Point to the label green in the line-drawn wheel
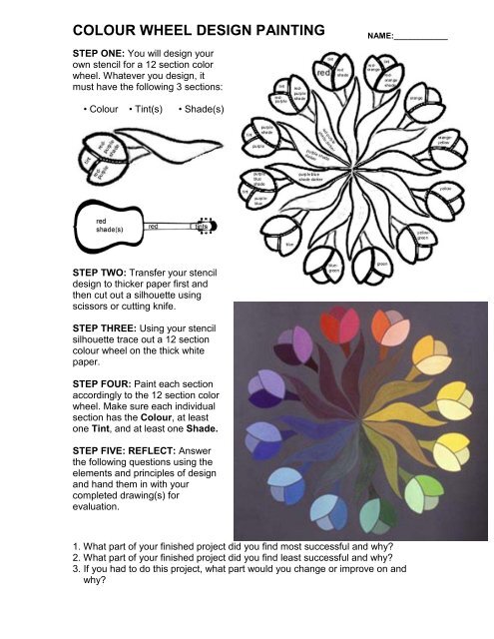(381, 265)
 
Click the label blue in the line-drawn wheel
(288, 244)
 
